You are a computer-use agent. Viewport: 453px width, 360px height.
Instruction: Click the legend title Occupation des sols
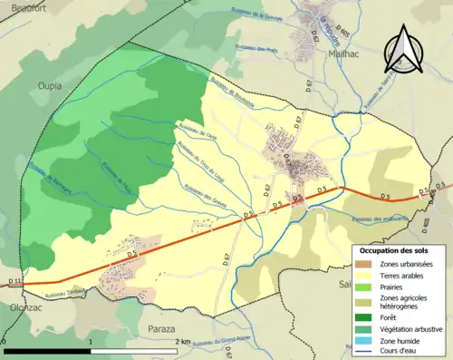[x=394, y=248]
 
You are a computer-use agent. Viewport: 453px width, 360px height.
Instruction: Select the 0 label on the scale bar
[x=5, y=342]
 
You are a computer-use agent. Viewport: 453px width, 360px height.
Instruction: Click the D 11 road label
[x=14, y=284]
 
